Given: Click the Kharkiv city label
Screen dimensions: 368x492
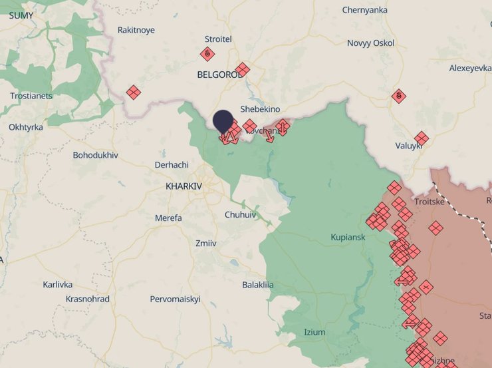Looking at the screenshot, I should [x=184, y=186].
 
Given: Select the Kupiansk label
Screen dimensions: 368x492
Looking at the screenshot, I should [x=348, y=238].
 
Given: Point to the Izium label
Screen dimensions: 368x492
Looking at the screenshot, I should [x=315, y=332].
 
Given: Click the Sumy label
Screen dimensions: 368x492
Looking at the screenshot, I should [x=21, y=15].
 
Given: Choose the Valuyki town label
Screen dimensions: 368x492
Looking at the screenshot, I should [x=409, y=146].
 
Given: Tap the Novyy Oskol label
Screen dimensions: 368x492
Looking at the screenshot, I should [x=370, y=43].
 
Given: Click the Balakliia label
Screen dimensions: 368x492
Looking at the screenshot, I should [x=258, y=285].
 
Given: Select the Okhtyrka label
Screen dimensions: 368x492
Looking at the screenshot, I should [x=26, y=127].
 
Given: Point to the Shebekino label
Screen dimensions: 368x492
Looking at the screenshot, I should [x=260, y=109].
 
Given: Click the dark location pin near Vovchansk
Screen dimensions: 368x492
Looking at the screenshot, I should [x=223, y=121].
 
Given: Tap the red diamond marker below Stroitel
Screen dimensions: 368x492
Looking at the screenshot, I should [x=207, y=54].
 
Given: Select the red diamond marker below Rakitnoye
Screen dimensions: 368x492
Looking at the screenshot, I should [x=134, y=92].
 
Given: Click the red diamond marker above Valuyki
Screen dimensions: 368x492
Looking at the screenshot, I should [x=399, y=96].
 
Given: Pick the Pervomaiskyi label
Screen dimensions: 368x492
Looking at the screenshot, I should [x=175, y=299].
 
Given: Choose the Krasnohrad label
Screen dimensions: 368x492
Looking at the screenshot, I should [x=87, y=299].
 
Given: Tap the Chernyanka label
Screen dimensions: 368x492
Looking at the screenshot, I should [x=366, y=10].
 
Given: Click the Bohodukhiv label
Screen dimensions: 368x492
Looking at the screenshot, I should [x=95, y=155].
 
